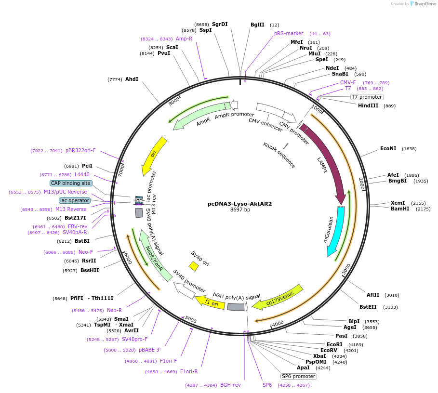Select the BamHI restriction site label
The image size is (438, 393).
click(x=399, y=209)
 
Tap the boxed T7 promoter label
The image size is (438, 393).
click(x=366, y=97)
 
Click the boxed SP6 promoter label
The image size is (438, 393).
click(x=299, y=376)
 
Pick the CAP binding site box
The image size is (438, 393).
click(x=70, y=183)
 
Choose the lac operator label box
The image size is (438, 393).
click(x=74, y=200)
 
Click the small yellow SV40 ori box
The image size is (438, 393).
click(x=194, y=266)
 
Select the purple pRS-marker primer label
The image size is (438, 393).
click(x=289, y=33)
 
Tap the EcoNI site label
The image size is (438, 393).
click(x=388, y=148)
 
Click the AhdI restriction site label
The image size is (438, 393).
click(x=132, y=79)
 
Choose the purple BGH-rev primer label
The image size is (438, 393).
click(x=230, y=385)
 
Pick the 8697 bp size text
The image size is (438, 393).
click(x=240, y=210)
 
